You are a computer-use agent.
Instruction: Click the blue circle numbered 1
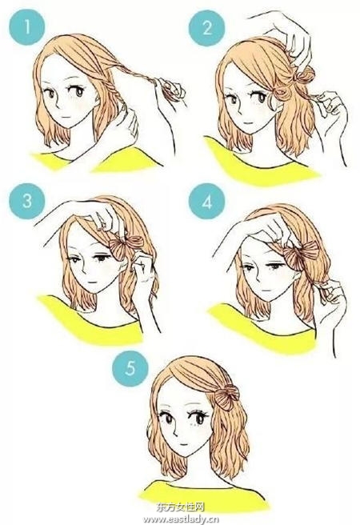(26, 26)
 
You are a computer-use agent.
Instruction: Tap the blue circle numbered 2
(206, 28)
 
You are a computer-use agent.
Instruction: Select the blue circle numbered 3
(26, 201)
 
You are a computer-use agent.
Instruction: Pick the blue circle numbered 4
(206, 202)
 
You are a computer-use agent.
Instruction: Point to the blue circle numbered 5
(130, 368)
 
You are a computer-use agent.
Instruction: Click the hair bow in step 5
(227, 396)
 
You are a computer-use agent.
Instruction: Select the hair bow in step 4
(301, 254)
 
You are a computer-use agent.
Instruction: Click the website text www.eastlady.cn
(179, 519)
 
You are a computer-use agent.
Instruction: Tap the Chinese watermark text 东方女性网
(180, 507)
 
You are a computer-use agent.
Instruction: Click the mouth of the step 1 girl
(66, 117)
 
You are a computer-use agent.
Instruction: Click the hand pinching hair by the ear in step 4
(330, 295)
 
